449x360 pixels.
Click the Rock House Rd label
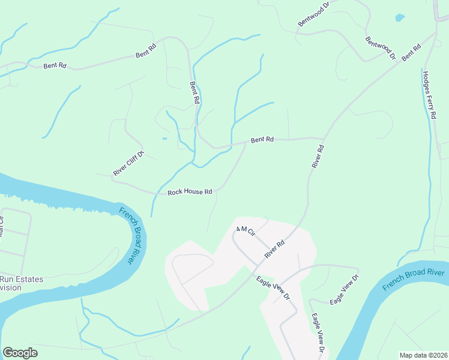tap(190, 192)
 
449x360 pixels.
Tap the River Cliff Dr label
tap(129, 164)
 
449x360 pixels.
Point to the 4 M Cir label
tap(246, 231)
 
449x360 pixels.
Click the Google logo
tap(20, 353)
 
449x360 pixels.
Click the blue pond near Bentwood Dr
tap(400, 17)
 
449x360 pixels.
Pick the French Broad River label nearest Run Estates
tap(126, 235)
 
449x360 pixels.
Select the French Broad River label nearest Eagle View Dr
tap(414, 280)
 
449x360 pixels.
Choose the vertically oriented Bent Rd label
tap(194, 93)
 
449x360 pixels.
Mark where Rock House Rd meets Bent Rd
tap(246, 143)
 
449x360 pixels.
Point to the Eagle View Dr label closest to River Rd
tap(273, 287)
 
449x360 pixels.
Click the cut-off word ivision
tap(11, 287)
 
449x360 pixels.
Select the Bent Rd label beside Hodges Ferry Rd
tap(411, 52)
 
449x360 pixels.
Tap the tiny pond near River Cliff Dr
tap(164, 139)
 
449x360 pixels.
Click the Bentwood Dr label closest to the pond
tap(381, 48)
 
